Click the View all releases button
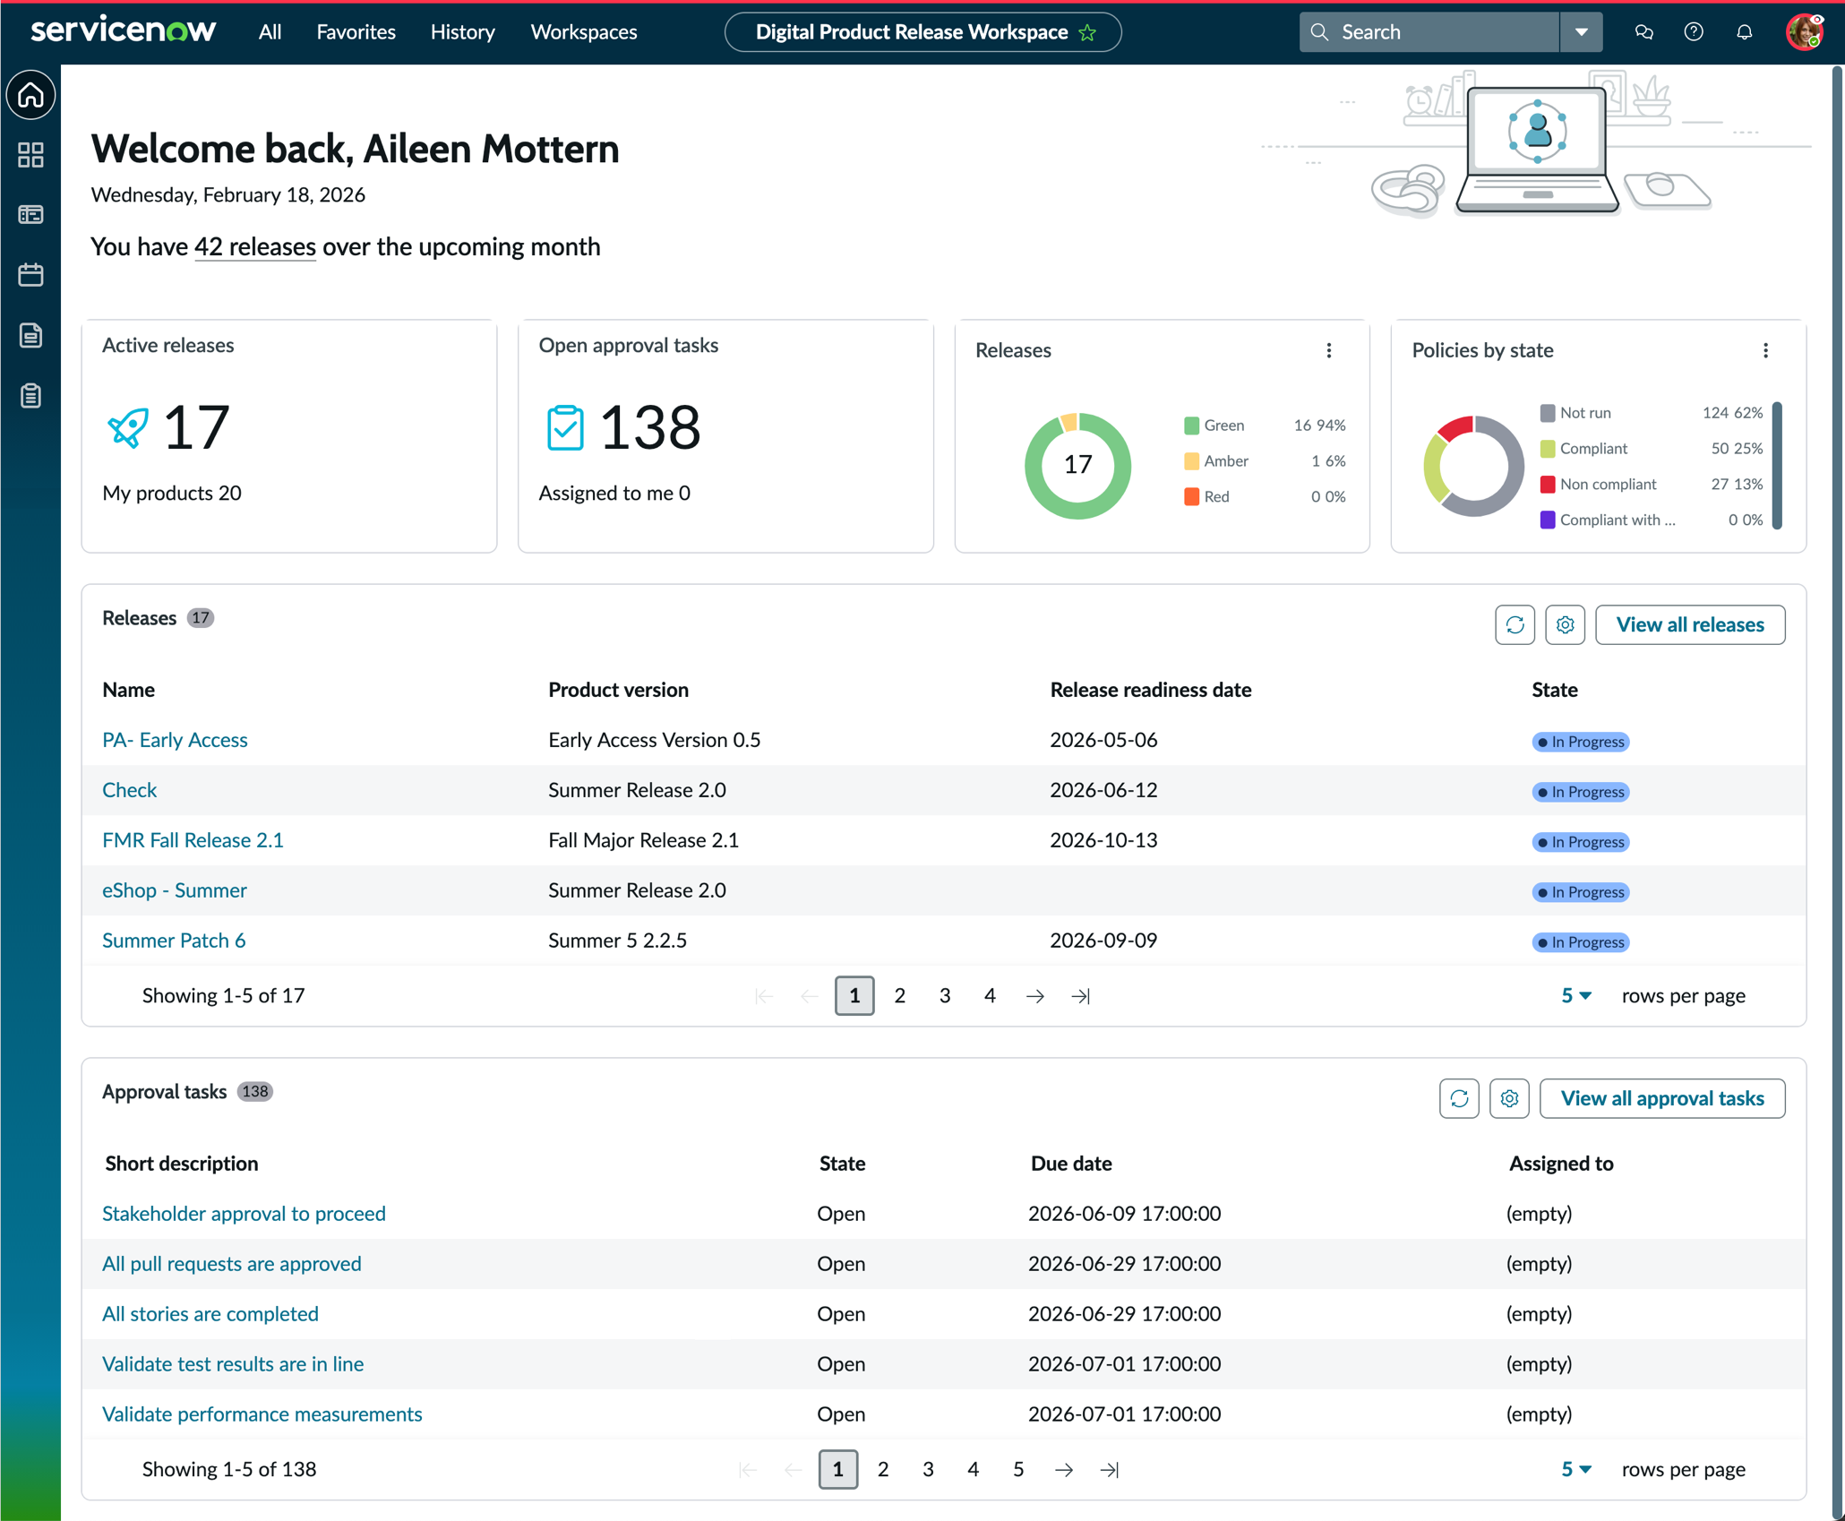pyautogui.click(x=1689, y=624)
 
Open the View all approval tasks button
pyautogui.click(x=1661, y=1098)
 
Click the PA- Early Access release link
pyautogui.click(x=175, y=740)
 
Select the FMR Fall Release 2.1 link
pyautogui.click(x=193, y=840)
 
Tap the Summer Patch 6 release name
pyautogui.click(x=174, y=941)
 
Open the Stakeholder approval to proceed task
pyautogui.click(x=244, y=1214)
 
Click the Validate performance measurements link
pyautogui.click(x=262, y=1414)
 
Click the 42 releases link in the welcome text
pyautogui.click(x=255, y=247)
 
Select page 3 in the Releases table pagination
pyautogui.click(x=945, y=996)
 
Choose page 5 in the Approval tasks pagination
pyautogui.click(x=1018, y=1470)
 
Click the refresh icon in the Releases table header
pyautogui.click(x=1515, y=625)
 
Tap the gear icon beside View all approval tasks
pyautogui.click(x=1509, y=1099)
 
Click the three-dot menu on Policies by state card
pyautogui.click(x=1765, y=350)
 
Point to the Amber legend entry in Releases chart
pyautogui.click(x=1216, y=461)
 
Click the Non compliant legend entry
pyautogui.click(x=1599, y=485)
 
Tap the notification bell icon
pyautogui.click(x=1744, y=32)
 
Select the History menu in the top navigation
pyautogui.click(x=462, y=32)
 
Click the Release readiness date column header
pyautogui.click(x=1151, y=690)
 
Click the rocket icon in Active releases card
pyautogui.click(x=127, y=427)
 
